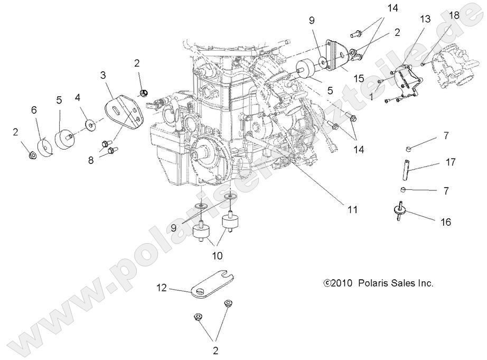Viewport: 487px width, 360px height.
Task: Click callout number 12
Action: [x=162, y=288]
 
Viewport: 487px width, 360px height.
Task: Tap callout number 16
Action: [x=446, y=222]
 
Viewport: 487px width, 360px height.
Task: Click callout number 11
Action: [x=338, y=209]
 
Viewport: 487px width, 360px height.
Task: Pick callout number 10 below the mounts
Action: [x=217, y=256]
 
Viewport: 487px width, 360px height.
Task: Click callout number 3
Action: [x=103, y=76]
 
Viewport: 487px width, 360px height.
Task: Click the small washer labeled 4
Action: [x=91, y=125]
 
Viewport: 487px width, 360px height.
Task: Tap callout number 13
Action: [x=425, y=19]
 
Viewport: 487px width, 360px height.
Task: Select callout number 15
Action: [x=359, y=78]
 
